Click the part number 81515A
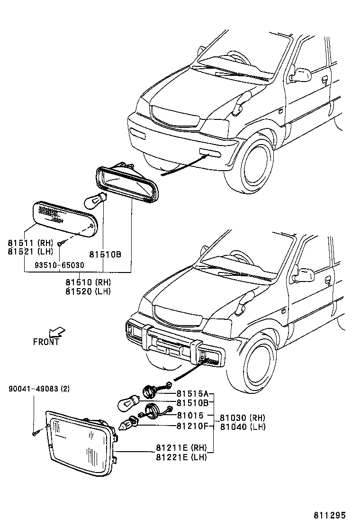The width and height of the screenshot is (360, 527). [x=192, y=393]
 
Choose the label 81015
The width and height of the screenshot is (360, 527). [x=190, y=415]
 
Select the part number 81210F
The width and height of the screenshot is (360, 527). [x=192, y=426]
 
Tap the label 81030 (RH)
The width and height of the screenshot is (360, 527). [x=243, y=418]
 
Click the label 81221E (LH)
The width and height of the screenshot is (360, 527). [x=181, y=457]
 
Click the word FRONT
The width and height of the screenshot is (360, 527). [x=46, y=341]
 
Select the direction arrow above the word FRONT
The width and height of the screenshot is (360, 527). [x=57, y=332]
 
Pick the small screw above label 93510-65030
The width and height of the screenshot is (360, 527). [x=60, y=243]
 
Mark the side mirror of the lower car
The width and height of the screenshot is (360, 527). [x=303, y=275]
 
